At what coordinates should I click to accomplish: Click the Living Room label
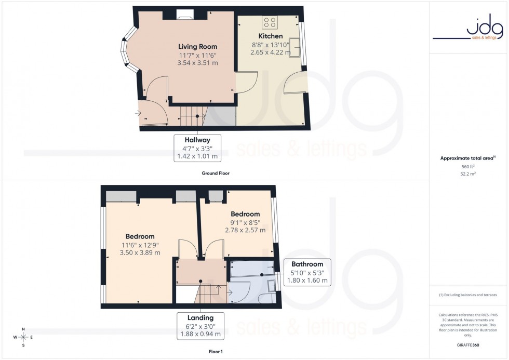coord(198,47)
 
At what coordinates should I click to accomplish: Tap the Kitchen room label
coord(271,36)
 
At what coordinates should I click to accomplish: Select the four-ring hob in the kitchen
coord(270,22)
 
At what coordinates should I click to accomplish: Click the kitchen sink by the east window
coord(296,48)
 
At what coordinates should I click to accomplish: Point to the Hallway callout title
coord(197,140)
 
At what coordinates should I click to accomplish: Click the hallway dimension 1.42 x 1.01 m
coord(197,156)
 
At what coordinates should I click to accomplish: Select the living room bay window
coord(126,52)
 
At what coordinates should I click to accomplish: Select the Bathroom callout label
coord(307,264)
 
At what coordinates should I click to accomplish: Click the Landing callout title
coord(200,317)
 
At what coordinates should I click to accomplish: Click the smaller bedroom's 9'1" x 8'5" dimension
coord(245,222)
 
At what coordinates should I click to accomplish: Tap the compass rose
coord(23,337)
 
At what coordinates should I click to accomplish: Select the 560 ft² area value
coord(468,167)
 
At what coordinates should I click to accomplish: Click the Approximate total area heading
coord(467,158)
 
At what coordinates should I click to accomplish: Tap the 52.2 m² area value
coord(468,174)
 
